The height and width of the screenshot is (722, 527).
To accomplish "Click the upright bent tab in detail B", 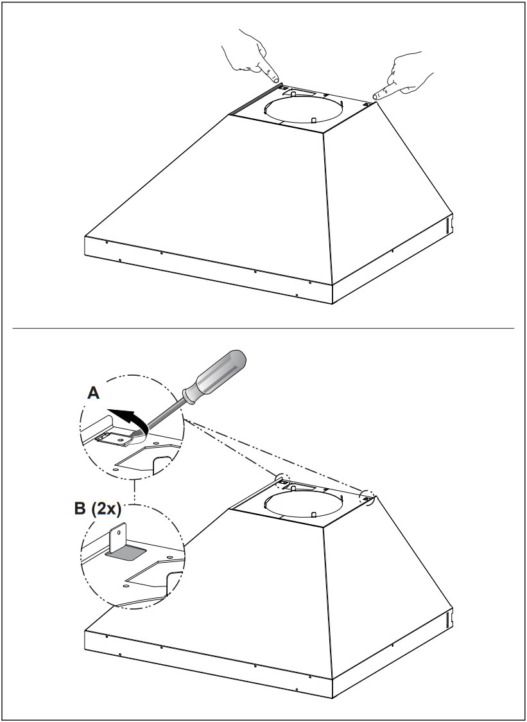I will pos(119,538).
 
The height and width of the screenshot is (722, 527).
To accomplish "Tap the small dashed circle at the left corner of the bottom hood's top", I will pos(282,480).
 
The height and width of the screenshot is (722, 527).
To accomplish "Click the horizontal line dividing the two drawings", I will pos(263,329).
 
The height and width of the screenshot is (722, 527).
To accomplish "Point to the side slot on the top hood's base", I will pos(448,223).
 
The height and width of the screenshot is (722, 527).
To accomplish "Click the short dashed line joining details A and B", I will pos(133,493).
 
